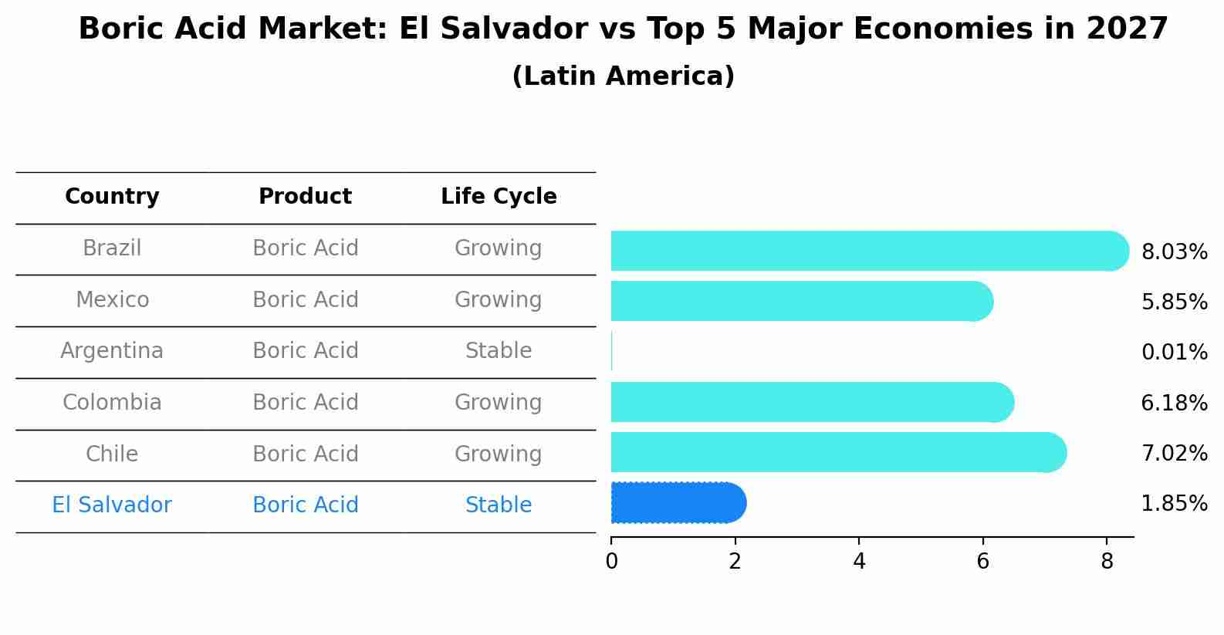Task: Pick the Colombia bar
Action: tap(810, 402)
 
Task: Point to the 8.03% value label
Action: tap(1174, 252)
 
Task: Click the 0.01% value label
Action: tap(1174, 353)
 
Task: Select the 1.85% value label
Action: tap(1174, 504)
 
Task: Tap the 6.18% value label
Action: tap(1174, 403)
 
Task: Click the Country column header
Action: tap(112, 197)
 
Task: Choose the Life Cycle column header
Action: tap(499, 197)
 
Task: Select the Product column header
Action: tap(305, 197)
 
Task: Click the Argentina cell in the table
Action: tap(112, 351)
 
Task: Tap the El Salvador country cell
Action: tap(112, 505)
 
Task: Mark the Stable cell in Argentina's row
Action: tap(499, 351)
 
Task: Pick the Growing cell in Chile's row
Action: tap(499, 454)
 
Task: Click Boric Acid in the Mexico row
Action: tap(305, 299)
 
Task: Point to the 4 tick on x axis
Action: tap(859, 561)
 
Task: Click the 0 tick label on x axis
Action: tap(611, 561)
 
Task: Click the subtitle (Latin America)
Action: tap(623, 76)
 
